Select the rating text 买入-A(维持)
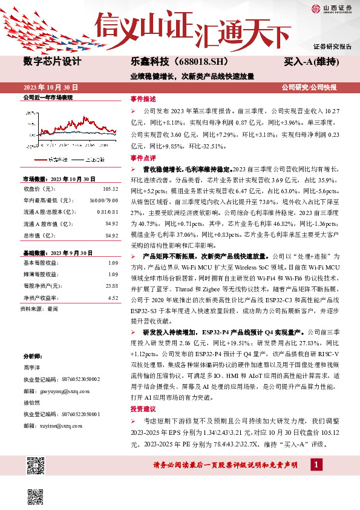310,62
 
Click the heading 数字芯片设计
51,61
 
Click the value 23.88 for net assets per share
112,285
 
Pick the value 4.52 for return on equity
113,297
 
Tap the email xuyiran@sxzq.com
53,426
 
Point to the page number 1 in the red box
315,464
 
